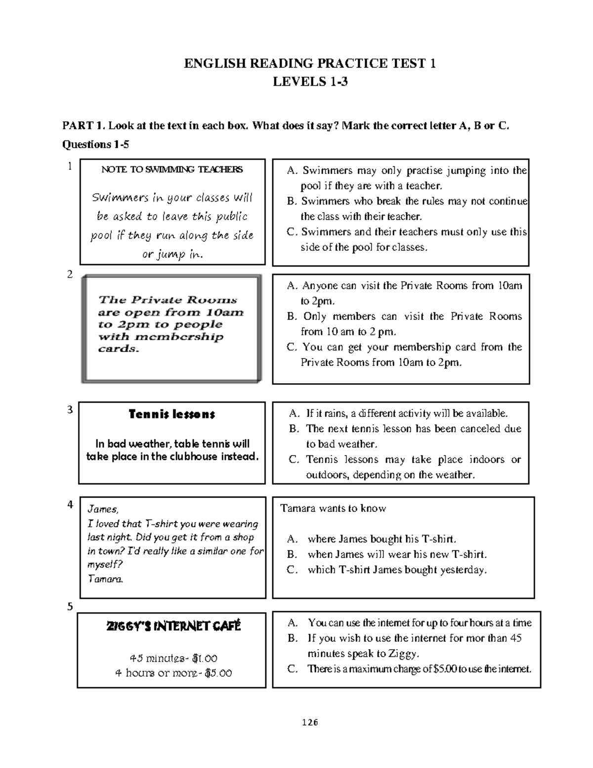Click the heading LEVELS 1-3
click(310, 82)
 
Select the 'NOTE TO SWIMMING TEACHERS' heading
click(172, 170)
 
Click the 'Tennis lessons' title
click(171, 414)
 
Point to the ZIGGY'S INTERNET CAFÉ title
click(173, 627)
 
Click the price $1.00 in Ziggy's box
click(205, 659)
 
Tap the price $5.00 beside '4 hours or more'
click(219, 673)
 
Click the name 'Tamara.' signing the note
click(105, 579)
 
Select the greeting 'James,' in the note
click(103, 509)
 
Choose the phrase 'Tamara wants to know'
click(333, 508)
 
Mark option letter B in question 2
click(292, 316)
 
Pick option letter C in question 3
click(294, 459)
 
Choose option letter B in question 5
click(293, 638)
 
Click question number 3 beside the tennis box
click(70, 409)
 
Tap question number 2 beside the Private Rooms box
click(70, 275)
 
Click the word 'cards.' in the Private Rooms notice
click(119, 349)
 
